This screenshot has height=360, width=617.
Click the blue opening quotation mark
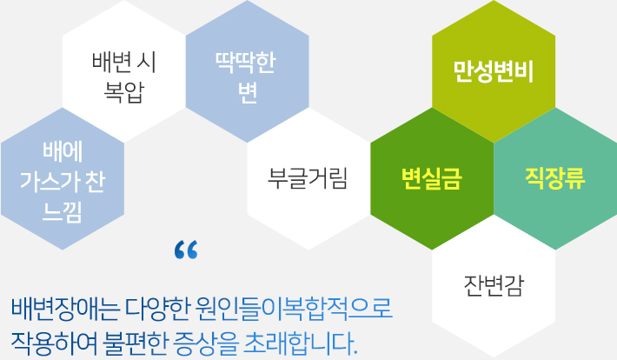point(186,250)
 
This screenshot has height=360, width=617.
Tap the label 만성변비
point(494,71)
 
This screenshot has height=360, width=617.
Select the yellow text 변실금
point(432,178)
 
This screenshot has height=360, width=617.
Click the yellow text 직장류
point(555,178)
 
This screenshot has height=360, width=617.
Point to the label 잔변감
point(494,285)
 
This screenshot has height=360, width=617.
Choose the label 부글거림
point(308,178)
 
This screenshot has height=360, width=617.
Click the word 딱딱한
point(246,63)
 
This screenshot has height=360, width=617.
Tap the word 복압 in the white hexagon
point(123,92)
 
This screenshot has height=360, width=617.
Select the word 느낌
point(63,212)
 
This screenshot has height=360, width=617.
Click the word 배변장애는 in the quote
point(65,307)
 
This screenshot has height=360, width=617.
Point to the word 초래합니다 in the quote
point(300,343)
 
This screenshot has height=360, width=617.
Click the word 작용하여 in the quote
point(54,343)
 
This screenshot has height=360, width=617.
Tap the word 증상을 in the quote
point(205,343)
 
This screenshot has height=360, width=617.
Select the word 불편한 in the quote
point(135,343)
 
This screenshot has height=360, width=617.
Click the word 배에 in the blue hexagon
point(63,151)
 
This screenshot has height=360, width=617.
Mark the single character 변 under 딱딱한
point(247,92)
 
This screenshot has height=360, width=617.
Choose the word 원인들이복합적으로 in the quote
point(294,307)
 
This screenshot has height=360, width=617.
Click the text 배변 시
point(124,63)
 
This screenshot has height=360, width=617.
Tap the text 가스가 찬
point(63,182)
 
